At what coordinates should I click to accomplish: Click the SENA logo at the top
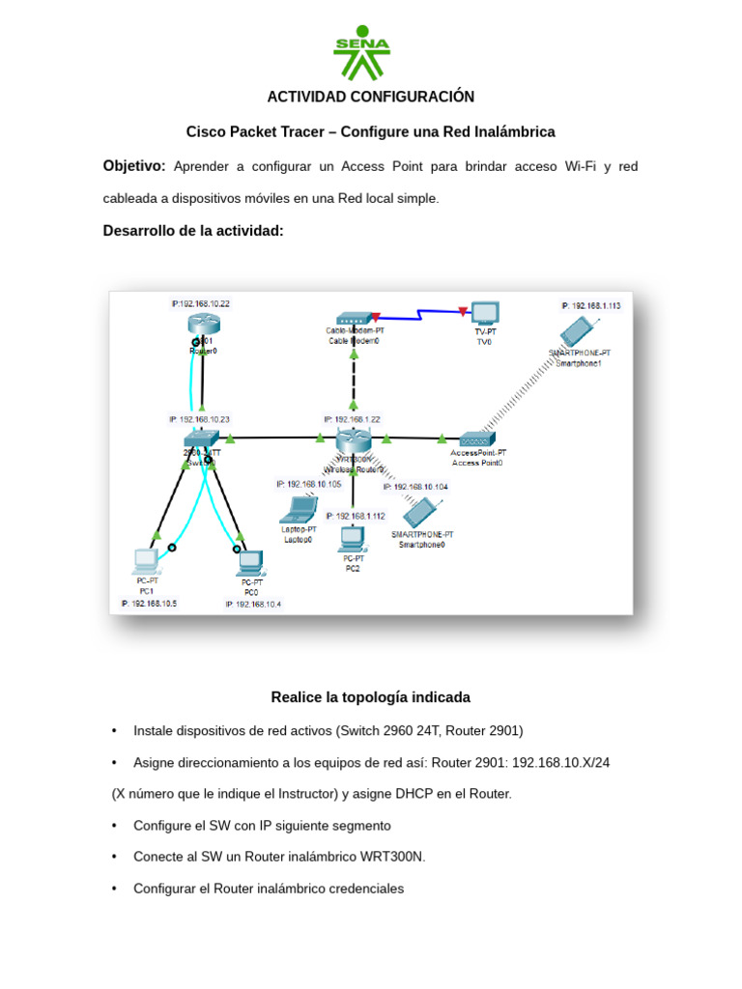(361, 53)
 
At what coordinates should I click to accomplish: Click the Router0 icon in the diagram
(203, 325)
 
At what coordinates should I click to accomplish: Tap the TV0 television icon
(484, 314)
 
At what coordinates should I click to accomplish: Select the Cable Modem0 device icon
(354, 318)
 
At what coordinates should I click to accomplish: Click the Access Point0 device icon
(477, 438)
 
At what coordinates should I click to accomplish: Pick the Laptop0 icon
(299, 509)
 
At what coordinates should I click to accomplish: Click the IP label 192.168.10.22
(200, 303)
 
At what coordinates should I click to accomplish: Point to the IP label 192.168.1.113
(590, 305)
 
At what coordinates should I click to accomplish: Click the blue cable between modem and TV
(419, 314)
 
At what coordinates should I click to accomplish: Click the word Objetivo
(134, 166)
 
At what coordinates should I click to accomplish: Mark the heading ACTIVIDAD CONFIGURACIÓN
(371, 97)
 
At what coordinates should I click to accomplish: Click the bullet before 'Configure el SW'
(114, 826)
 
